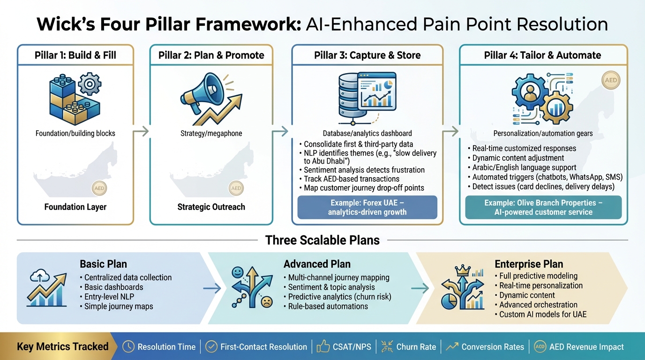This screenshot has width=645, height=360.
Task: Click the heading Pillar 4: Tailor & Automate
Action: point(542,55)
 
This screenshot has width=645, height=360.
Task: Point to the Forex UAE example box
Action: point(367,207)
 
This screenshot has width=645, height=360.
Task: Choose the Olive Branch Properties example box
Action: point(543,207)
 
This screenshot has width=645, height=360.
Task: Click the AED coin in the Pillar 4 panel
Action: point(611,80)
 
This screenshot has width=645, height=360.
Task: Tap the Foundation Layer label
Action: point(75,207)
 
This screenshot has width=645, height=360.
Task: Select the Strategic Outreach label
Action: point(211,207)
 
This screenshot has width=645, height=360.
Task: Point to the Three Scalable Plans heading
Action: point(322,240)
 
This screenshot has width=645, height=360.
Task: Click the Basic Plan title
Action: point(103,264)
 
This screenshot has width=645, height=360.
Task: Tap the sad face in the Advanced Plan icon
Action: point(266,302)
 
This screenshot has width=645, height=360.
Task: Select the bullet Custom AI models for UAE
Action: point(543,314)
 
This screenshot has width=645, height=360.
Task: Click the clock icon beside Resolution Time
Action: point(128,347)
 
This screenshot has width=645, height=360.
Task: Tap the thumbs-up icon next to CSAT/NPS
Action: point(323,347)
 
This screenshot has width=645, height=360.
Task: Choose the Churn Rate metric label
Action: point(416,347)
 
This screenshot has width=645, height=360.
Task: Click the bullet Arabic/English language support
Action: point(524,167)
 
